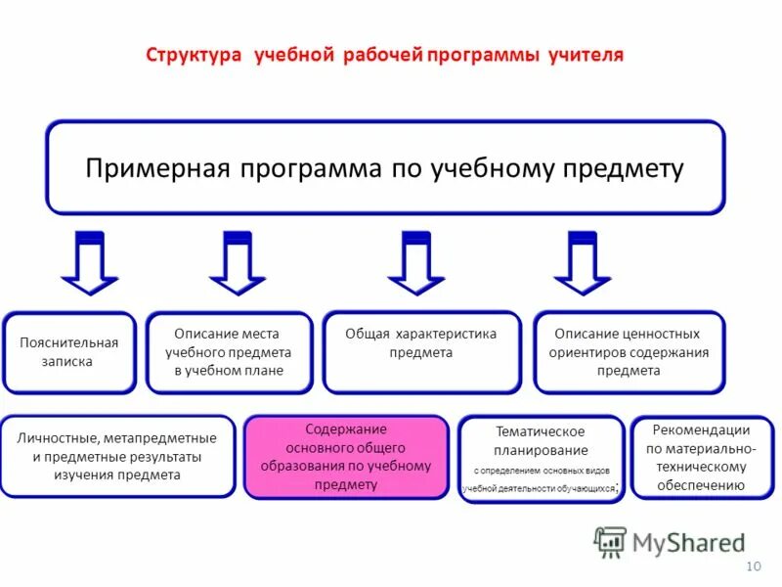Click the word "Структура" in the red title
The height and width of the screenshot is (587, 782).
click(x=194, y=54)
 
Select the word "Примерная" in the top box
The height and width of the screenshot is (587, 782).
click(x=157, y=167)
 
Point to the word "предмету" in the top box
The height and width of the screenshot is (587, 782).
click(x=623, y=167)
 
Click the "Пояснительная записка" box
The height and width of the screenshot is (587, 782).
click(x=69, y=352)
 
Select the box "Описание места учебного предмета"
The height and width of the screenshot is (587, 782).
click(x=229, y=352)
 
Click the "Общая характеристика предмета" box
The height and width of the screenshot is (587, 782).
click(x=421, y=352)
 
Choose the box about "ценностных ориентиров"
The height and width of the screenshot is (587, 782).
click(x=630, y=352)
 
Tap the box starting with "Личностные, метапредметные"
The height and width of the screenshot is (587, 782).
click(x=117, y=457)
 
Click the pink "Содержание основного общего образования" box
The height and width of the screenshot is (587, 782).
click(x=346, y=457)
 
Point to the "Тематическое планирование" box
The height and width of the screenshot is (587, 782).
click(x=541, y=459)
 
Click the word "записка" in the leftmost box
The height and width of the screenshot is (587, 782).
click(x=69, y=361)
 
